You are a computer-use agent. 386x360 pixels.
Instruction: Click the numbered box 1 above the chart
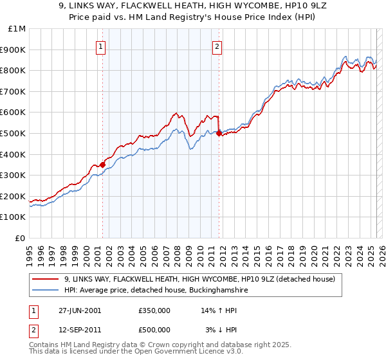[x=102, y=46]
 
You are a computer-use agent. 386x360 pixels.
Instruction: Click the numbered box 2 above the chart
[x=217, y=46]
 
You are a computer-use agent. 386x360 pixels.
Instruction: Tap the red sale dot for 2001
[x=103, y=165]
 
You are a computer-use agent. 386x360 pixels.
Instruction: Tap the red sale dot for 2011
[x=219, y=134]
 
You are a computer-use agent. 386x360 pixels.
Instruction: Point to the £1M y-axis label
[x=17, y=29]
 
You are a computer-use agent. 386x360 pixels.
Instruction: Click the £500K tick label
[x=14, y=133]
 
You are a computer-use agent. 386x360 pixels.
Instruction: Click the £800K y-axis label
[x=14, y=71]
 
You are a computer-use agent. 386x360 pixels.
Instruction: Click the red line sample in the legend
[x=46, y=280]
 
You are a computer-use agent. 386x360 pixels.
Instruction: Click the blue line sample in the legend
[x=46, y=291]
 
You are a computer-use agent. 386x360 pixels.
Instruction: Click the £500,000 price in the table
[x=154, y=329]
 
